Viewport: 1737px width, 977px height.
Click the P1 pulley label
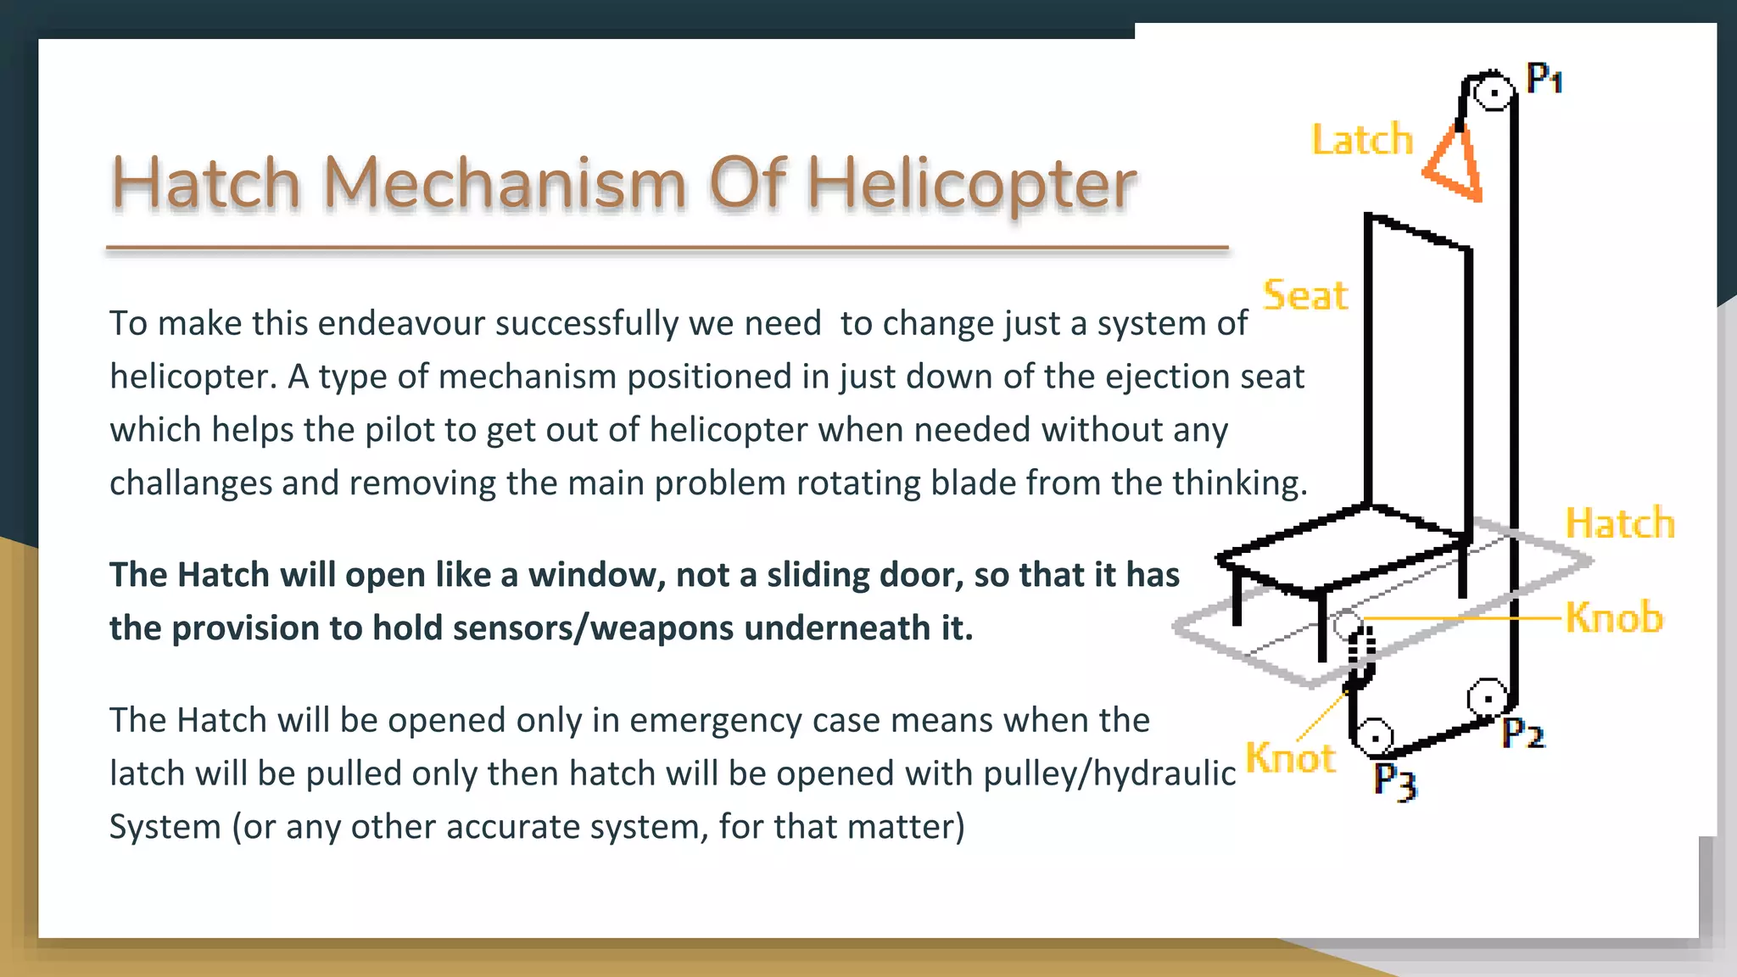1544,78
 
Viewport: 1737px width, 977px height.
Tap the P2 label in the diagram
1523,733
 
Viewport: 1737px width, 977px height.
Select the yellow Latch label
1362,140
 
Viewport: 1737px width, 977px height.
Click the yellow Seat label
1305,296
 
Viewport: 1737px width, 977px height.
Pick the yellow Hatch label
1620,523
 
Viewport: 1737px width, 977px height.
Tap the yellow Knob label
1614,617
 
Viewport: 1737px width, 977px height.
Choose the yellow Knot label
1290,758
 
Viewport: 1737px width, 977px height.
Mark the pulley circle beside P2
1488,698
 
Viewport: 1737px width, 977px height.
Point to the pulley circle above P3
1375,736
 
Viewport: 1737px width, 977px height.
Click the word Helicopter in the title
970,184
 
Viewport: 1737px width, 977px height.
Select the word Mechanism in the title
505,184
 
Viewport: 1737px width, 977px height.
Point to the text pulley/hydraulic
1109,773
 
